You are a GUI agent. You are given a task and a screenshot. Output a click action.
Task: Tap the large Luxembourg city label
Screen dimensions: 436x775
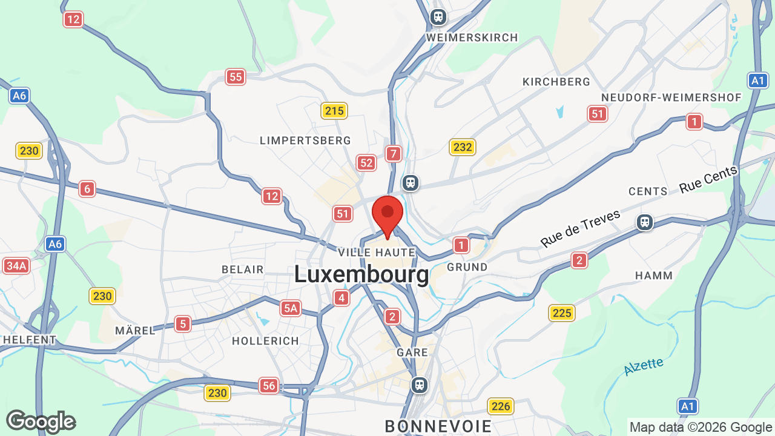(x=361, y=274)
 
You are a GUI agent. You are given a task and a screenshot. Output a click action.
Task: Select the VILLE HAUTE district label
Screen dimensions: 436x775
(x=377, y=252)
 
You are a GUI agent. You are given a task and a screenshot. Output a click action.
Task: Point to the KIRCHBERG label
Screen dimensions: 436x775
(x=556, y=82)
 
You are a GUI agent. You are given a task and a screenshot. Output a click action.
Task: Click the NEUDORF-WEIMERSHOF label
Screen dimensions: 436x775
(x=671, y=97)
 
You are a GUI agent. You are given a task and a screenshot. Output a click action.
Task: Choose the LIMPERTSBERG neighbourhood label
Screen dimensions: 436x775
(x=305, y=140)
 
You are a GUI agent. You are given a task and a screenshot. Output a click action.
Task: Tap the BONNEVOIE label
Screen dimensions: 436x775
(x=438, y=426)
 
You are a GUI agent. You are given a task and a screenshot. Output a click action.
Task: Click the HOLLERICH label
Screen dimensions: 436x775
(x=266, y=341)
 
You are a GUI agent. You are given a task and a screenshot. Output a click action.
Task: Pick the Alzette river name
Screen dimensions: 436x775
(x=643, y=366)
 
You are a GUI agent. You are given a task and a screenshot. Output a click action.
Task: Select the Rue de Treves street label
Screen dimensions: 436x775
(x=581, y=228)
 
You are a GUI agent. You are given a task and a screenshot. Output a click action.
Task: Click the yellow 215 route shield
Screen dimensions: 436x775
(x=334, y=111)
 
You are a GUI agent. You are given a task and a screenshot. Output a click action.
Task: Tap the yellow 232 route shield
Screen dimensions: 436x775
(x=463, y=147)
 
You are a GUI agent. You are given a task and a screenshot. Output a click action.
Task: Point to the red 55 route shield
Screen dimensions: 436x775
(x=236, y=77)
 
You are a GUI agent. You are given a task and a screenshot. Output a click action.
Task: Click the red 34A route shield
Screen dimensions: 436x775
(x=16, y=266)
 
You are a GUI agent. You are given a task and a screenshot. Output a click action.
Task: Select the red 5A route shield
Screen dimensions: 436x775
(x=290, y=309)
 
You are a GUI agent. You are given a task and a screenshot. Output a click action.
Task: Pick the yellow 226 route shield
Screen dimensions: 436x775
(x=501, y=406)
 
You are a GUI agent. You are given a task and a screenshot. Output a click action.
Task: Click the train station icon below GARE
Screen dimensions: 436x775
(x=419, y=385)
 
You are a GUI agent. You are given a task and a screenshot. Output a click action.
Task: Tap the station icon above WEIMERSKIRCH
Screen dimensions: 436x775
(x=438, y=17)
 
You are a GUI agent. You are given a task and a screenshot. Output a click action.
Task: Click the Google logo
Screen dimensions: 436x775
(x=41, y=421)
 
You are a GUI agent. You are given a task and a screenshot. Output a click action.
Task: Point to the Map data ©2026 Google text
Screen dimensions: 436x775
(x=701, y=427)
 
